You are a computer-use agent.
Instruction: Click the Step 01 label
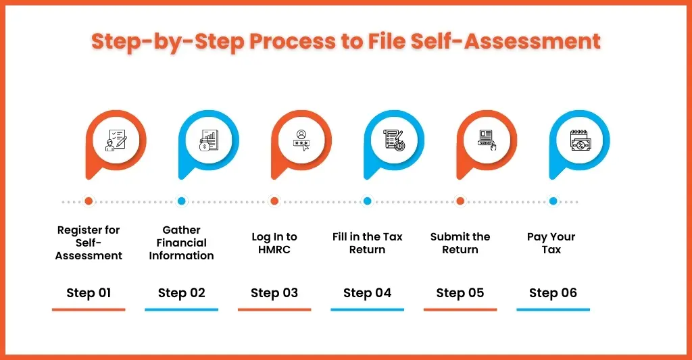point(89,293)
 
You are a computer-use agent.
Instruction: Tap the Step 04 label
point(367,293)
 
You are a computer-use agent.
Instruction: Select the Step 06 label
point(553,293)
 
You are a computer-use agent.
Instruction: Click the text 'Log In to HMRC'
point(274,243)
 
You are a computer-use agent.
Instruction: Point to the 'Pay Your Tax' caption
point(551,243)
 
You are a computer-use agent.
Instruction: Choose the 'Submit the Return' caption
point(460,243)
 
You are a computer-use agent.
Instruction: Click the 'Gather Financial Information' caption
point(181,242)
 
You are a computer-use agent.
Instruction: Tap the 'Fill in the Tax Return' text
point(367,243)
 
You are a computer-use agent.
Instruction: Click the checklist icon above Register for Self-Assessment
point(116,140)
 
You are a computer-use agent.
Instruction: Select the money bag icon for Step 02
point(209,140)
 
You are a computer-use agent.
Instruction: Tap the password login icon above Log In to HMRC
point(301,140)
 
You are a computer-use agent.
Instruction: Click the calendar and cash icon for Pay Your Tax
point(580,140)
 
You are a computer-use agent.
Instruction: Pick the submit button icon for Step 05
point(487,140)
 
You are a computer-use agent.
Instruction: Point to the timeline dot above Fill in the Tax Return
point(367,201)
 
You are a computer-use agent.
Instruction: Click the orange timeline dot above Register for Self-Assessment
point(89,201)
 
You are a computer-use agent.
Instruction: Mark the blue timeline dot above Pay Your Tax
point(553,201)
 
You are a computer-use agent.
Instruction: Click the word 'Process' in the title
point(293,42)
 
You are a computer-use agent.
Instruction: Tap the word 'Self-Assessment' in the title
point(505,41)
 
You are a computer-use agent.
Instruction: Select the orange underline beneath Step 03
point(274,310)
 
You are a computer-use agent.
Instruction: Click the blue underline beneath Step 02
point(181,310)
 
